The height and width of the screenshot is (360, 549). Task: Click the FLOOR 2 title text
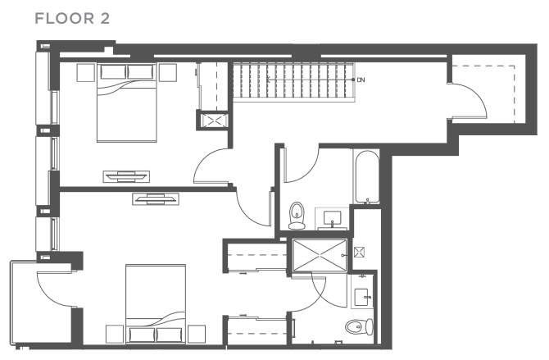point(71,17)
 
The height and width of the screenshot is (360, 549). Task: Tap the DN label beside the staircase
point(361,80)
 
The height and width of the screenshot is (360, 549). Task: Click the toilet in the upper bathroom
point(297,215)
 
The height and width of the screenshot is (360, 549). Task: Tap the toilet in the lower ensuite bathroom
point(355,329)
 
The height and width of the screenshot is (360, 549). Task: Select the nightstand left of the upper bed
point(85,72)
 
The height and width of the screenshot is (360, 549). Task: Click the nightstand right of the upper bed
point(169,72)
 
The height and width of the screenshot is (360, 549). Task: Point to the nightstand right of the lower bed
point(197,334)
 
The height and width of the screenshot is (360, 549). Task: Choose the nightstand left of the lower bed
point(115,334)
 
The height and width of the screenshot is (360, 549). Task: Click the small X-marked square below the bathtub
point(358,252)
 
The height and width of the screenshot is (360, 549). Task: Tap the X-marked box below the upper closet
point(212,121)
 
